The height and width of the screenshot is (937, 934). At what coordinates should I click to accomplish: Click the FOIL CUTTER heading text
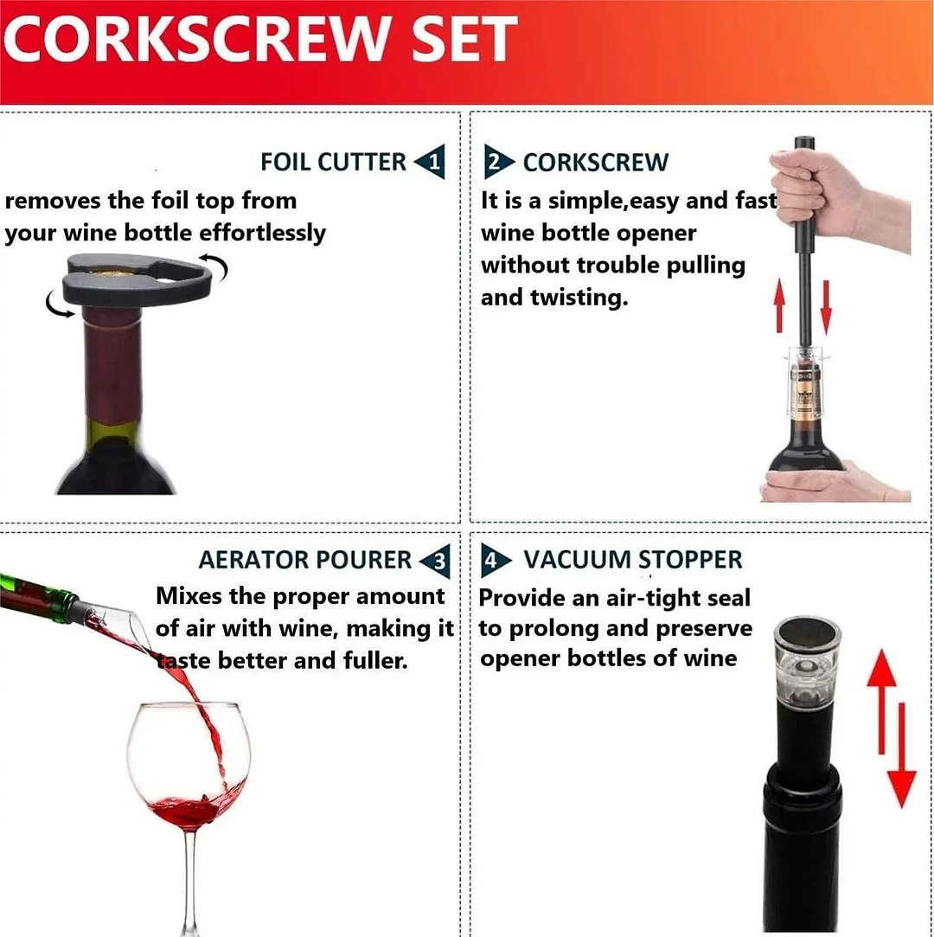pyautogui.click(x=333, y=162)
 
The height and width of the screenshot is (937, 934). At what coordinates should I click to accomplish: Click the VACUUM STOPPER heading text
pyautogui.click(x=633, y=560)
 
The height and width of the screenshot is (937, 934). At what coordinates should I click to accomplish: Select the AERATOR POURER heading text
pyautogui.click(x=304, y=561)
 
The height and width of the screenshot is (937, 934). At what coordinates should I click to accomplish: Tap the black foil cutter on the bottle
pyautogui.click(x=134, y=280)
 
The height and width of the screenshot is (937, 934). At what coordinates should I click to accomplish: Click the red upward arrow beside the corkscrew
pyautogui.click(x=779, y=307)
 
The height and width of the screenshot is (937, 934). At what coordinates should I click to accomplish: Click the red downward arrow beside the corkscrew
pyautogui.click(x=825, y=307)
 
